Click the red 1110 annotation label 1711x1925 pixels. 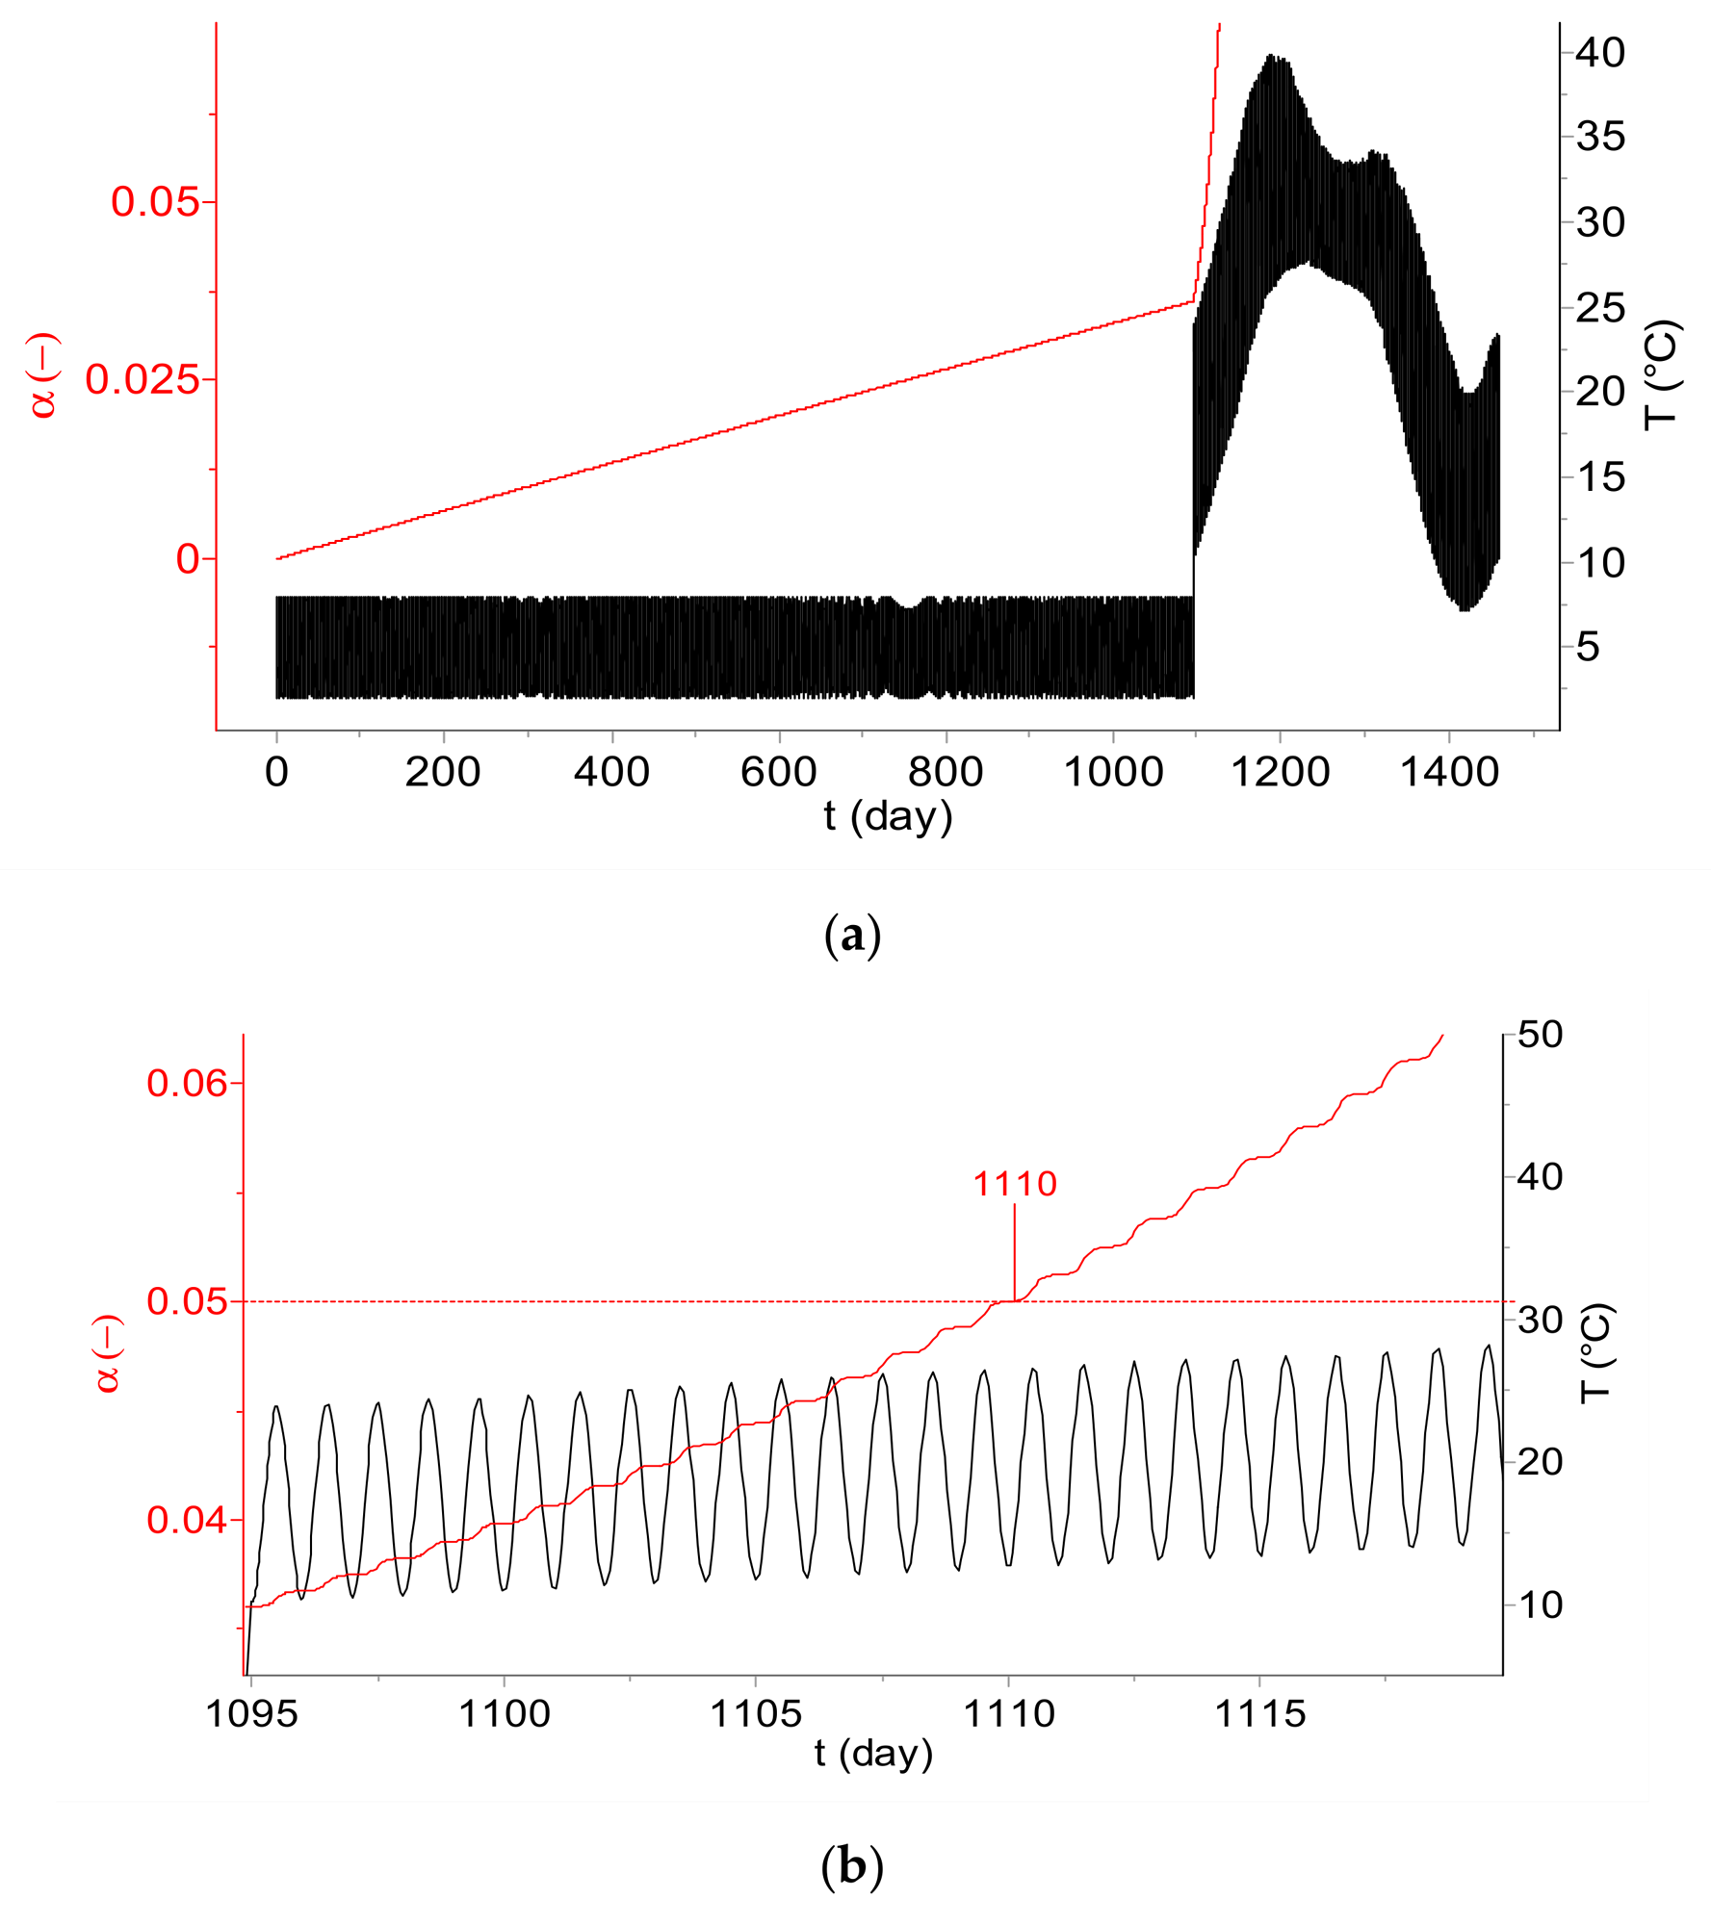click(1015, 1184)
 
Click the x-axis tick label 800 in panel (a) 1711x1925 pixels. click(946, 773)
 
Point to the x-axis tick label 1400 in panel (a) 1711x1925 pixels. click(1448, 773)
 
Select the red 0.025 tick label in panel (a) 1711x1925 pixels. click(143, 380)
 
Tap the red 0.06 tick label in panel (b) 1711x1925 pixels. click(188, 1084)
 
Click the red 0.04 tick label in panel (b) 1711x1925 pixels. click(188, 1521)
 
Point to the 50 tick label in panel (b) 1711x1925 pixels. click(1541, 1035)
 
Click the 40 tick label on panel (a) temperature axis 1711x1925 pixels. click(1600, 52)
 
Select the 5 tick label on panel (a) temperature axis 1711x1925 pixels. click(1588, 647)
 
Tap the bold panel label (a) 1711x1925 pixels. click(853, 936)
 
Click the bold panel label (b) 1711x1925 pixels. click(852, 1867)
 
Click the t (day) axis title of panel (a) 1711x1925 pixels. click(888, 816)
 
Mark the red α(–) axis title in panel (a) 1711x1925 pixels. click(44, 375)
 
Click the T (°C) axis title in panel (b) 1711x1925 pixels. click(1596, 1354)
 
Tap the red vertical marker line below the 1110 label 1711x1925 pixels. click(1015, 1252)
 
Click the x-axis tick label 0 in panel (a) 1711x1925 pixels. click(276, 773)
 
